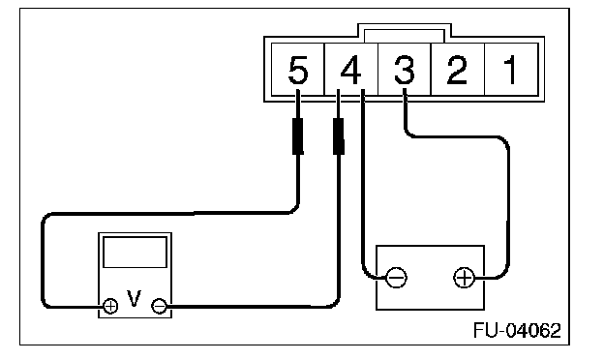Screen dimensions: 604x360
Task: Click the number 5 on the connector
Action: coord(298,70)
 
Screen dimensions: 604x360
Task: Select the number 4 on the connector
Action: coord(351,70)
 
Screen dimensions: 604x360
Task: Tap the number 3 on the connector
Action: coord(404,70)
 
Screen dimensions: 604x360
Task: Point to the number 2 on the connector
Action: coord(457,70)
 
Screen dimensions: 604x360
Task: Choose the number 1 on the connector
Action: coord(511,70)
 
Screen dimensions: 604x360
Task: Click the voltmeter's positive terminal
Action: coord(110,306)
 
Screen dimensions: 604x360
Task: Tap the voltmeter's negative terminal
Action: coord(159,306)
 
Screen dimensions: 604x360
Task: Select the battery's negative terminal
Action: coord(396,277)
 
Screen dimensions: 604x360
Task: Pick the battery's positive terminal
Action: coord(465,277)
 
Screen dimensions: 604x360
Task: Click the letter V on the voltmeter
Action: coord(134,298)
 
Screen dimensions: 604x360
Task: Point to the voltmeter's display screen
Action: coord(135,253)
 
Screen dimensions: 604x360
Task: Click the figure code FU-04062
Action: coord(517,330)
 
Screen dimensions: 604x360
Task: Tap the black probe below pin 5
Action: coord(298,136)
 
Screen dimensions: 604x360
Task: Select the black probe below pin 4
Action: coord(338,136)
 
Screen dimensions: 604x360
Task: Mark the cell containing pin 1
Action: coord(511,70)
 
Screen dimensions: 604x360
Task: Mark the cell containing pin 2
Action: coord(457,70)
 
